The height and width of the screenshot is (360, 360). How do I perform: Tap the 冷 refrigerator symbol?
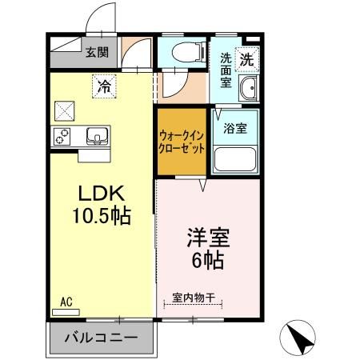103,86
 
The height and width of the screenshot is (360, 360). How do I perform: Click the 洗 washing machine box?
247,58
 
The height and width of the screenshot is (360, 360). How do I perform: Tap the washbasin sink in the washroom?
248,90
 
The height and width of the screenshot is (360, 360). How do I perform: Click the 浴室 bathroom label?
234,126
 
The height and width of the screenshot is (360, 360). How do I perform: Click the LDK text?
100,194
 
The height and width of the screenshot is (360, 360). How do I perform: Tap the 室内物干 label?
194,298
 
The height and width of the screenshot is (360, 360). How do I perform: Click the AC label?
66,302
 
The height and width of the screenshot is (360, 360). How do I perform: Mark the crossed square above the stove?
64,109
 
